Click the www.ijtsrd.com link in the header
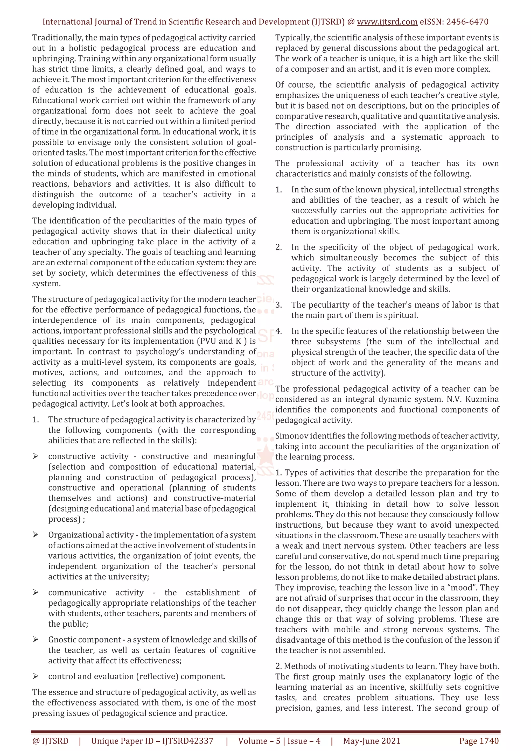click(387, 22)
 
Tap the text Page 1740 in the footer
click(479, 741)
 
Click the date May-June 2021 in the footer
click(372, 741)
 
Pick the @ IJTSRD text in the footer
click(50, 741)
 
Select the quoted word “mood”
click(461, 587)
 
